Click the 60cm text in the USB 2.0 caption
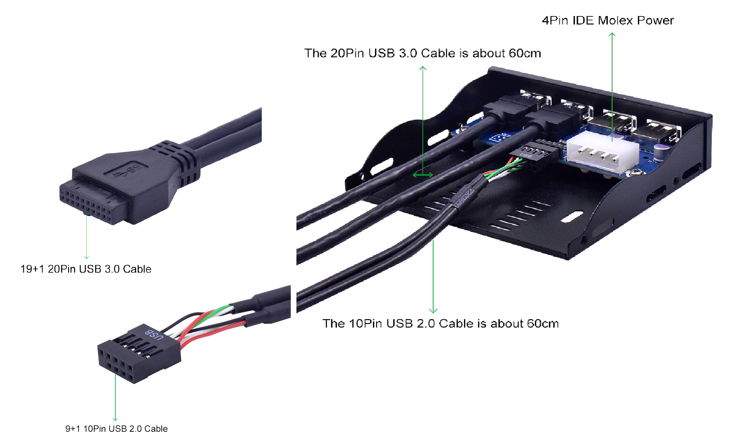(542, 324)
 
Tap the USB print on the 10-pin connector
(154, 335)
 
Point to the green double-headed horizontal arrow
(423, 175)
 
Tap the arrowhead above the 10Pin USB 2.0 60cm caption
(433, 311)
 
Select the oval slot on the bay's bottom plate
(572, 216)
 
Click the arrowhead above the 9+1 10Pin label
(115, 419)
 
